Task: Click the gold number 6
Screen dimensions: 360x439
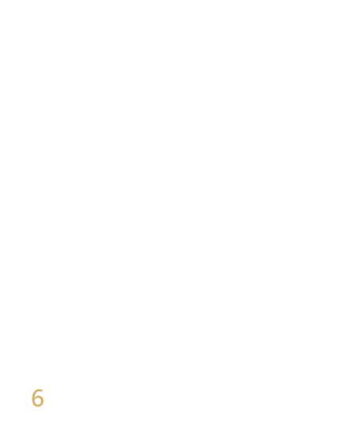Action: click(x=37, y=398)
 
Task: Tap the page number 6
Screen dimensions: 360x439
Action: click(x=37, y=398)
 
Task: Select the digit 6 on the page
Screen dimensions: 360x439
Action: click(x=37, y=398)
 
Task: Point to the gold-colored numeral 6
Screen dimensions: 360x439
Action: click(x=37, y=398)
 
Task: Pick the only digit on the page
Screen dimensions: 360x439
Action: click(x=37, y=398)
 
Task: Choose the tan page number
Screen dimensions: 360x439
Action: click(x=37, y=398)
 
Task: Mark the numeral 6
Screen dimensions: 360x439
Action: click(x=37, y=398)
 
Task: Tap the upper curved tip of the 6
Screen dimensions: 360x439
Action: click(x=42, y=390)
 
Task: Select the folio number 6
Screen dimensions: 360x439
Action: click(x=37, y=398)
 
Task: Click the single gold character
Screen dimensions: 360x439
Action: click(x=37, y=398)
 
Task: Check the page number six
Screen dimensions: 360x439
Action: click(x=37, y=398)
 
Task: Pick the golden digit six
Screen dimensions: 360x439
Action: click(x=37, y=398)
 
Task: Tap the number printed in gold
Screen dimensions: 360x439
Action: click(x=37, y=398)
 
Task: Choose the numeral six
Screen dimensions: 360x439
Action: click(x=37, y=398)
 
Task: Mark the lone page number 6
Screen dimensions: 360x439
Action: click(x=37, y=398)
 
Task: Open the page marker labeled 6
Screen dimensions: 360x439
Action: click(x=37, y=398)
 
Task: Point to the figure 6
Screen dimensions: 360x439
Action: click(x=37, y=398)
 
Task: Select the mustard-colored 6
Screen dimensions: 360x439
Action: click(x=37, y=398)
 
